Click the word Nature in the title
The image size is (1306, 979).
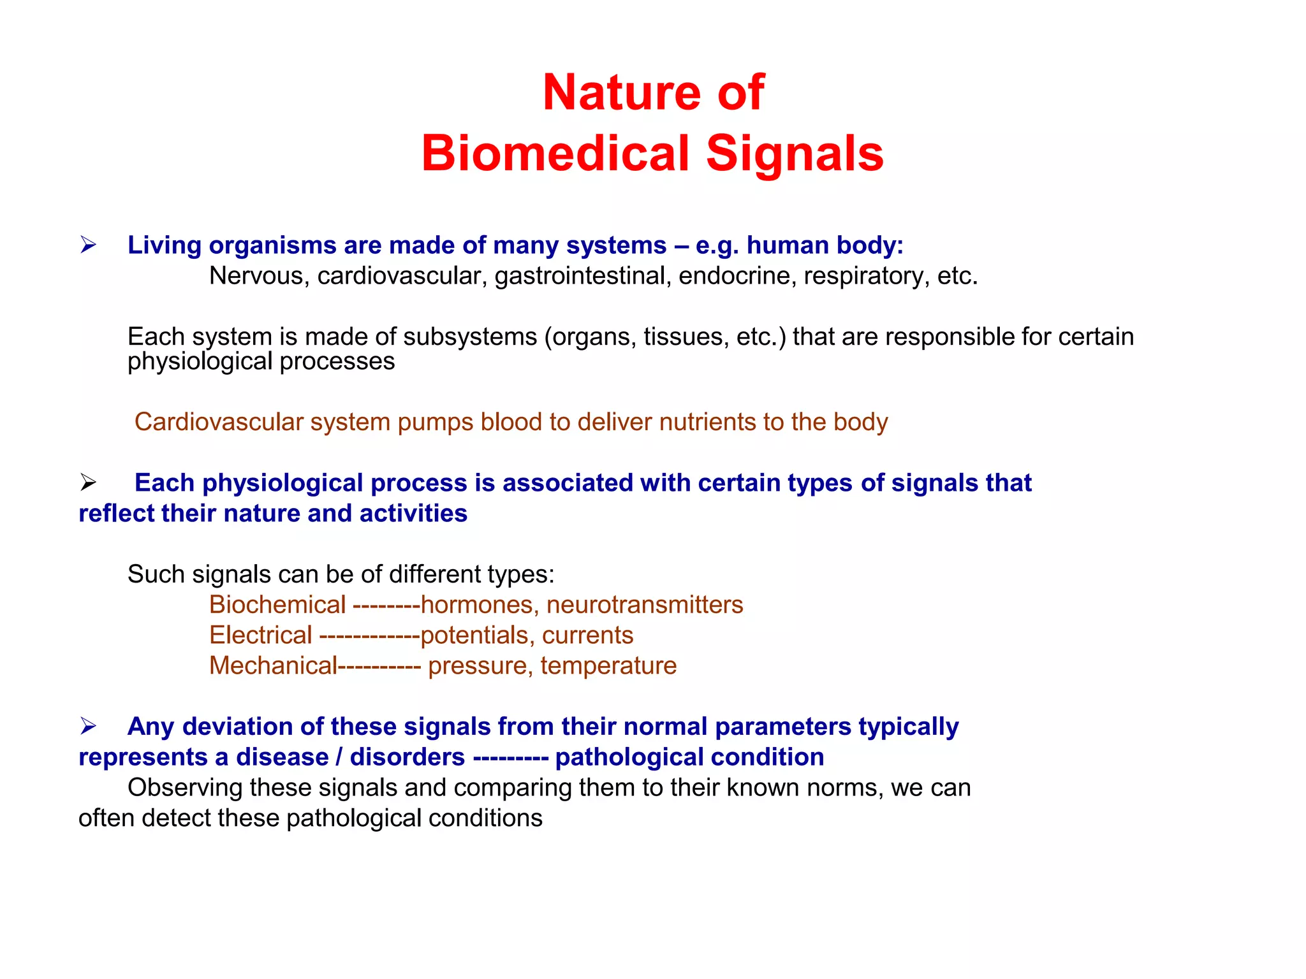click(622, 92)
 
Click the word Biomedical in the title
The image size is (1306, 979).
click(555, 154)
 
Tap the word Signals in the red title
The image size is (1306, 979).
click(795, 154)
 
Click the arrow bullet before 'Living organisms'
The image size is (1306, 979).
click(88, 245)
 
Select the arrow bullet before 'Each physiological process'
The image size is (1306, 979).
click(88, 482)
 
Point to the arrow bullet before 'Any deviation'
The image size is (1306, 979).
click(88, 725)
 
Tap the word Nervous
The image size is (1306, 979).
click(258, 276)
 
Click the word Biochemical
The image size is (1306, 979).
click(277, 604)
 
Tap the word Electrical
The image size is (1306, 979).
click(261, 635)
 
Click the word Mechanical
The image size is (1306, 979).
click(273, 665)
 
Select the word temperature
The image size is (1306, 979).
click(608, 665)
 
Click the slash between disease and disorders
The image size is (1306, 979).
click(339, 757)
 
